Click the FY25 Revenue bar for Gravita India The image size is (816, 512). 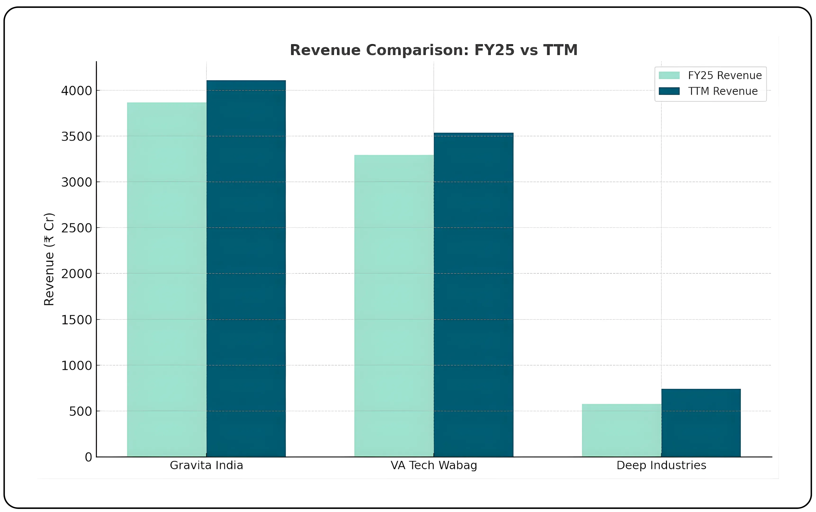pyautogui.click(x=166, y=279)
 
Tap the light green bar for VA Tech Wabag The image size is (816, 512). pyautogui.click(x=394, y=305)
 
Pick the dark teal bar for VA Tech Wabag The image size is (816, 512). pyautogui.click(x=473, y=295)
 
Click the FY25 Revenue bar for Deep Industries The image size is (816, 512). pyautogui.click(x=621, y=430)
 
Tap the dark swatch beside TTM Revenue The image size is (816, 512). pyautogui.click(x=669, y=91)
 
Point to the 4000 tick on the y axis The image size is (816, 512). pyautogui.click(x=76, y=91)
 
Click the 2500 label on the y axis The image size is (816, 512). pyautogui.click(x=76, y=228)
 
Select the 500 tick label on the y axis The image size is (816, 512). pyautogui.click(x=81, y=411)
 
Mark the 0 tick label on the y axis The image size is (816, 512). pyautogui.click(x=88, y=457)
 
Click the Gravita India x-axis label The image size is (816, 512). pyautogui.click(x=206, y=465)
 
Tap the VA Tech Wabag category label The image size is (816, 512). pyautogui.click(x=434, y=465)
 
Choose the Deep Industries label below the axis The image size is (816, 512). pyautogui.click(x=661, y=465)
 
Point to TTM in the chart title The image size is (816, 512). pyautogui.click(x=560, y=50)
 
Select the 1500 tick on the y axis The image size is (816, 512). pyautogui.click(x=76, y=320)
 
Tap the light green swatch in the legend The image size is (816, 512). pyautogui.click(x=669, y=75)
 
